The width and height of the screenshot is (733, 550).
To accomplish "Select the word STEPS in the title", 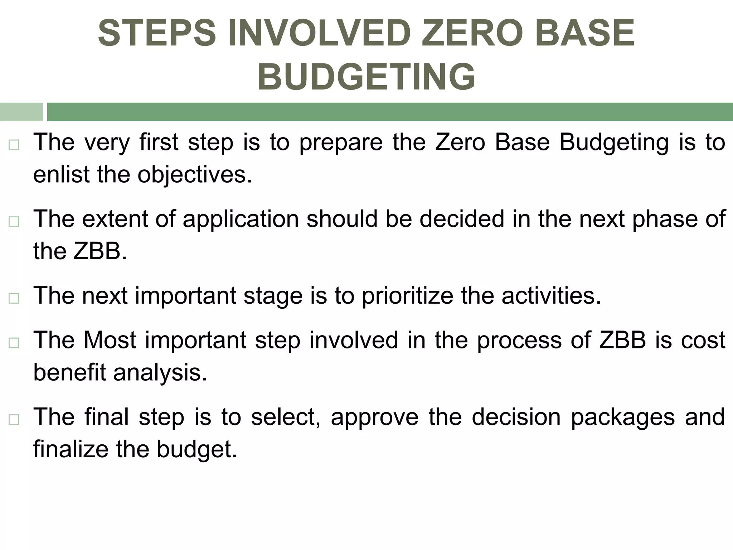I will [x=157, y=33].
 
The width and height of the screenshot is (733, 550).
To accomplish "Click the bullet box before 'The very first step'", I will [x=14, y=145].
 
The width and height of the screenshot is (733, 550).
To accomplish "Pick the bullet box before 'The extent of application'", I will [x=14, y=222].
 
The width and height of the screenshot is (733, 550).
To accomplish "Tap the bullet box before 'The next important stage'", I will [x=14, y=298].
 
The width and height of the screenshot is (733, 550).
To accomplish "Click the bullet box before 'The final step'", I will [x=14, y=420].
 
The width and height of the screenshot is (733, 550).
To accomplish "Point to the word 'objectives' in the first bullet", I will [x=195, y=175].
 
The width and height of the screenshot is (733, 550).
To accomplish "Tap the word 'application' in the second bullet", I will [x=241, y=219].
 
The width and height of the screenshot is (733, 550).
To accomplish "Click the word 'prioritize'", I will [x=407, y=296].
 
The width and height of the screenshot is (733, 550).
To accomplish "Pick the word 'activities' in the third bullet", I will [x=551, y=296].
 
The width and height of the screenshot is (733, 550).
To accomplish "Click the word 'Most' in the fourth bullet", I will [x=110, y=340].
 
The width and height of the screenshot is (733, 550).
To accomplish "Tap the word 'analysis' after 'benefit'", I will [x=160, y=373].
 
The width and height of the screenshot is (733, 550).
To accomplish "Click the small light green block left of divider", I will [x=21, y=112].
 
